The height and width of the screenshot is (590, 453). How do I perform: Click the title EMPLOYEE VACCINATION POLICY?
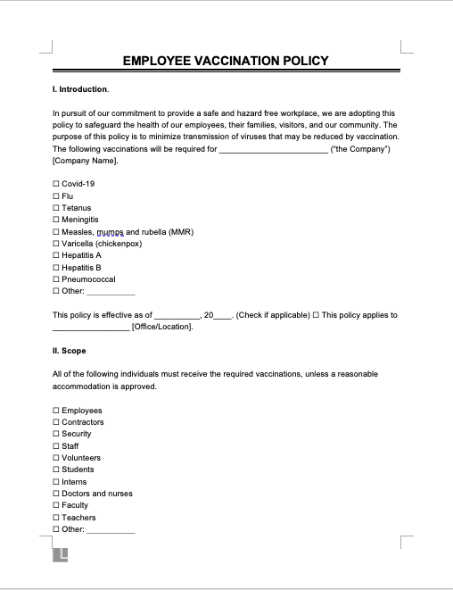(x=225, y=62)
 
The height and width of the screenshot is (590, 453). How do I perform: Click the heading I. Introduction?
(x=80, y=90)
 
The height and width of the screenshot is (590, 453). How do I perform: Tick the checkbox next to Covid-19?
(x=56, y=184)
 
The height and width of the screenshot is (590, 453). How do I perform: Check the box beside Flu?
(x=56, y=195)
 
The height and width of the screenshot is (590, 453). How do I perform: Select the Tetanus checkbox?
(x=56, y=208)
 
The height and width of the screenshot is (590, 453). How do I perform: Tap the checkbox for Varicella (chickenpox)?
(x=56, y=244)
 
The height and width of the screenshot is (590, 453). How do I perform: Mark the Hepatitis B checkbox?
(x=56, y=268)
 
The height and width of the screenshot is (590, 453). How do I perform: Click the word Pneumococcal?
(x=88, y=279)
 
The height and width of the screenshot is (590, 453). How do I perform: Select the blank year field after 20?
(x=222, y=316)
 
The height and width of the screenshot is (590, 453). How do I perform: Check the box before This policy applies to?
(x=315, y=315)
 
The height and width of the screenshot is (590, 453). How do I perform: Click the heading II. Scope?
(x=70, y=351)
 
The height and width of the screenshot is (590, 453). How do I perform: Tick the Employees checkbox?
(x=56, y=411)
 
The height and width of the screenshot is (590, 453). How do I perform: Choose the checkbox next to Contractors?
(x=56, y=422)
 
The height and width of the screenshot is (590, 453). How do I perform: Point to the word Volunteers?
(x=81, y=458)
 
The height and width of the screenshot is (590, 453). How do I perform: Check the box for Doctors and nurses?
(x=56, y=494)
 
